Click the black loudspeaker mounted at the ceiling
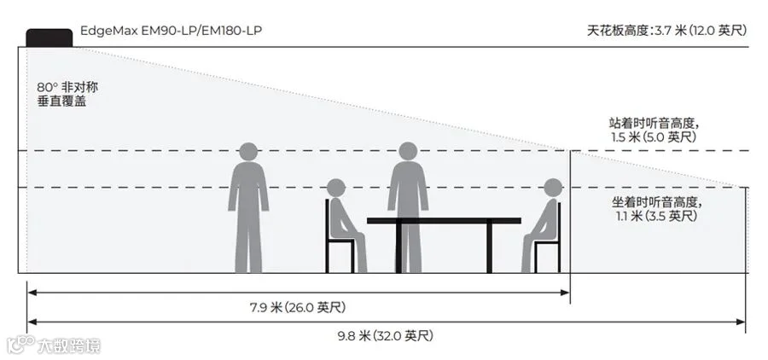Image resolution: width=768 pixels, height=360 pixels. (49, 38)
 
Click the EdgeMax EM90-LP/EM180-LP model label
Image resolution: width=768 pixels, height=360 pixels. (171, 32)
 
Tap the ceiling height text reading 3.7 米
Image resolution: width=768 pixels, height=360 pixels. (666, 31)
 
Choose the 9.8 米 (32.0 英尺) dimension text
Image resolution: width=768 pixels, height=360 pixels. (386, 335)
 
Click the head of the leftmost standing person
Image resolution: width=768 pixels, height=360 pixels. (248, 152)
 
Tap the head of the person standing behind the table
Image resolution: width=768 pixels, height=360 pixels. (408, 152)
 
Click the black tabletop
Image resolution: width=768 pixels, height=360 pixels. (444, 221)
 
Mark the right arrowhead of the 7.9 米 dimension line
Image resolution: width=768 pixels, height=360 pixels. (566, 293)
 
